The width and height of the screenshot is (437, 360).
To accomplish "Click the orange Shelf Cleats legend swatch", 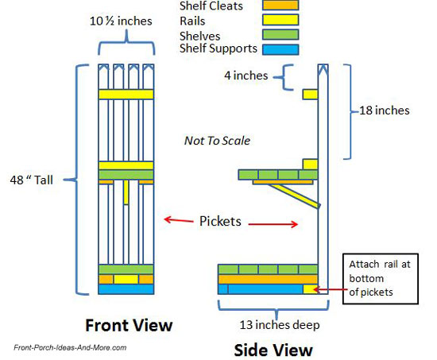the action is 280,5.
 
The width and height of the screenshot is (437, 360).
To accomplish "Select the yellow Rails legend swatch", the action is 280,20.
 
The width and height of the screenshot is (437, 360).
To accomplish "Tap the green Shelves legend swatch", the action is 280,35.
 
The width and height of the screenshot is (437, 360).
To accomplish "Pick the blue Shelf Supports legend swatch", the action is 280,49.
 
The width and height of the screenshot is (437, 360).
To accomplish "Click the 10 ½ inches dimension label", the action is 121,21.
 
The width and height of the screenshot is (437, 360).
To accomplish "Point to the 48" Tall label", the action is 31,180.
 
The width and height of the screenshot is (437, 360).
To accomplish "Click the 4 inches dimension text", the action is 246,75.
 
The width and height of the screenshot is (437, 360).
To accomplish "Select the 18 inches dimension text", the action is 385,110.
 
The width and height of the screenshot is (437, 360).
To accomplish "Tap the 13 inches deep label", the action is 280,325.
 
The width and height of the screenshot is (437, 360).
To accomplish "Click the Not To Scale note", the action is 217,141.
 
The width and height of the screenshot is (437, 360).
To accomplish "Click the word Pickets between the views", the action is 220,221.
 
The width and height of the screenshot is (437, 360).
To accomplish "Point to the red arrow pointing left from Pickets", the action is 179,220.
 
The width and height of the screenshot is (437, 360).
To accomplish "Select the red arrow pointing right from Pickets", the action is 273,224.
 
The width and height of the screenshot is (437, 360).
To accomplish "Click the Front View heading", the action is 129,325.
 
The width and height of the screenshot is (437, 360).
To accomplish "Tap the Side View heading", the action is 273,350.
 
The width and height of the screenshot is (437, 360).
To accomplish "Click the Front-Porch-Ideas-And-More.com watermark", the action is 70,348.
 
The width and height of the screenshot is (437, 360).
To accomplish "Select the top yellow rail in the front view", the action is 126,95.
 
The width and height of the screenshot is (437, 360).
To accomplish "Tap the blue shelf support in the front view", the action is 126,289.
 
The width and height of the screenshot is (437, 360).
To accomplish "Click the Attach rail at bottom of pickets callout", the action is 380,278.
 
